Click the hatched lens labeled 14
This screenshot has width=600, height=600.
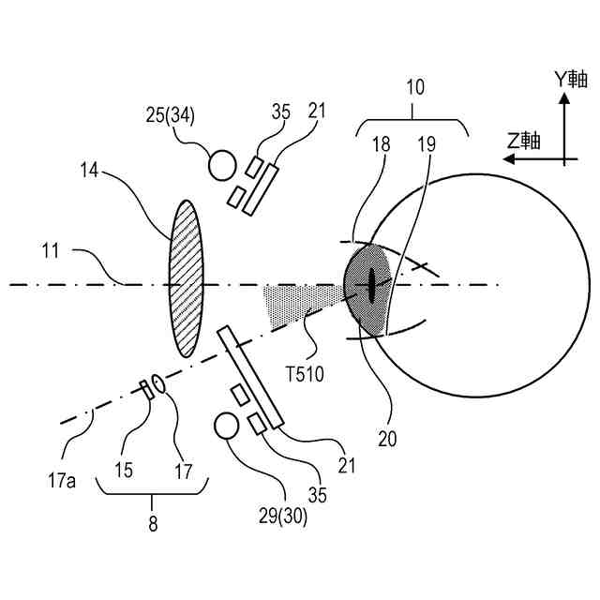[185, 277]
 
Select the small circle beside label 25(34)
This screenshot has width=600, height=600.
[221, 165]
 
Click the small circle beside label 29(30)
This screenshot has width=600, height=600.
[228, 426]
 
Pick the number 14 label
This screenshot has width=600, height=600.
[90, 171]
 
